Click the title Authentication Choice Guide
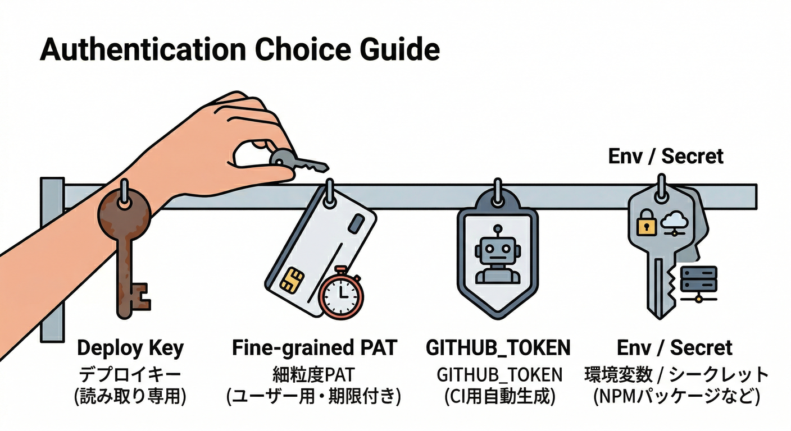[x=240, y=49]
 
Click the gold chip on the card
[x=289, y=279]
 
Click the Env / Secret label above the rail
[x=666, y=156]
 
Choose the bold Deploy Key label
[x=130, y=348]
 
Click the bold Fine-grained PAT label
[x=314, y=348]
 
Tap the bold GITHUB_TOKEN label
[x=498, y=348]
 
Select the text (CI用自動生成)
[x=498, y=397]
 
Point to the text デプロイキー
[x=130, y=373]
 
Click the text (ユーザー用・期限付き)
[x=314, y=397]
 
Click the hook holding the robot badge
[x=497, y=190]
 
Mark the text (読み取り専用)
[x=130, y=397]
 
